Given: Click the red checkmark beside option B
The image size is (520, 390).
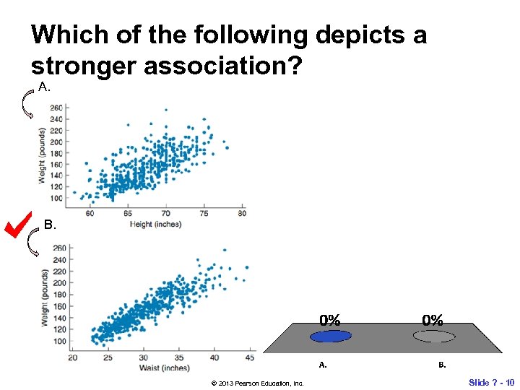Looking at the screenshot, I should point(16,225).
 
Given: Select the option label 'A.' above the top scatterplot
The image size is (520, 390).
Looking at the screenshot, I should point(45,87).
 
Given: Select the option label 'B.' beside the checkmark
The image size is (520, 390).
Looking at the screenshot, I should point(49,225).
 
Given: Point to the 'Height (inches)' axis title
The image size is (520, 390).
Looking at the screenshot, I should point(155,224).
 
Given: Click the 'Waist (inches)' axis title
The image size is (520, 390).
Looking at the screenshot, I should point(165,368).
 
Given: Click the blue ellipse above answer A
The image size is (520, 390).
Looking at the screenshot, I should point(330,336).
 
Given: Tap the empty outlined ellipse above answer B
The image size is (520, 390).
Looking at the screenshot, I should point(433,336).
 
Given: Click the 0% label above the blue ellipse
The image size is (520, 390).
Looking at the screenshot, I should point(330,319).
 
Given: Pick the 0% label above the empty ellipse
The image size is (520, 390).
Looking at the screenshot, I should point(433,319).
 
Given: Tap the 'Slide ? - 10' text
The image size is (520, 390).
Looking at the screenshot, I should point(491,382).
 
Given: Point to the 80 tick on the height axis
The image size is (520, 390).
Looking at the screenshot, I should point(242,214).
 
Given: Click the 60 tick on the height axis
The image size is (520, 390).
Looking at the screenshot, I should point(90,214).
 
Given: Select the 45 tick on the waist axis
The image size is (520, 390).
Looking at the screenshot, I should point(249,357).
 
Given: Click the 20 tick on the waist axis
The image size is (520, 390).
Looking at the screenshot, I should point(73,357).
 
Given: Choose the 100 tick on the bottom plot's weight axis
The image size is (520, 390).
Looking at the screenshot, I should point(58,341).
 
